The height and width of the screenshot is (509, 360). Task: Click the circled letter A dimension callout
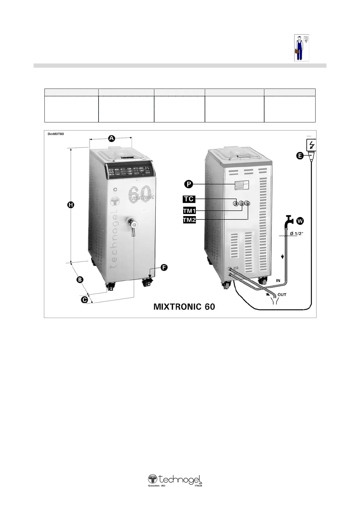pos(111,138)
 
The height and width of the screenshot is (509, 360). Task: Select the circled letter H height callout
pos(70,205)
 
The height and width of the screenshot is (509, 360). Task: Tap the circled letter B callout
pos(79,280)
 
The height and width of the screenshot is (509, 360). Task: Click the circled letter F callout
pos(163,267)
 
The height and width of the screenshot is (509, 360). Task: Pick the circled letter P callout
pos(189,184)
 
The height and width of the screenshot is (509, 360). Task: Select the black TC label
pos(189,199)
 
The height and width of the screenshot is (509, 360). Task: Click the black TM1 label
pos(189,210)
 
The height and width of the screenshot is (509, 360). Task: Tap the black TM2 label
pos(189,220)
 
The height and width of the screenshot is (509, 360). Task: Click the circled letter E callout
pos(300,156)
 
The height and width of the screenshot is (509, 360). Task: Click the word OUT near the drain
pos(282,294)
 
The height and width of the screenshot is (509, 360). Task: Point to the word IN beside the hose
pos(278,280)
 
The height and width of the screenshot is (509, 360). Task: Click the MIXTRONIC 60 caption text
pos(184,306)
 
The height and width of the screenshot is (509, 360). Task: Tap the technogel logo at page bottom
pos(175,480)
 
